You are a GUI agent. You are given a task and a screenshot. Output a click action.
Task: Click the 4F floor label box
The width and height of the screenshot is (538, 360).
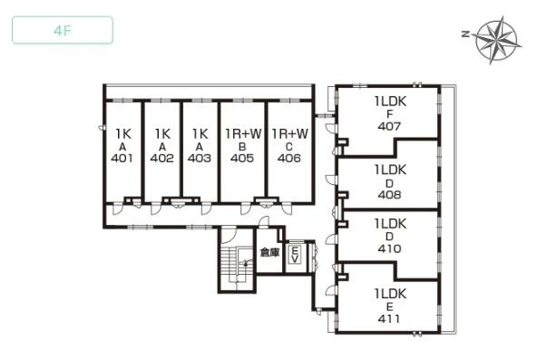point(63,30)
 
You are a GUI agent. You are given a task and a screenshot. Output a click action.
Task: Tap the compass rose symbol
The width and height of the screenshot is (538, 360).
point(496,40)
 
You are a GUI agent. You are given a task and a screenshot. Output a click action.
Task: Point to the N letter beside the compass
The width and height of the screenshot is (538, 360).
point(465,34)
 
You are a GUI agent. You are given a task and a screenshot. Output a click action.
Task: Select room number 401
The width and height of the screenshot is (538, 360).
point(122,158)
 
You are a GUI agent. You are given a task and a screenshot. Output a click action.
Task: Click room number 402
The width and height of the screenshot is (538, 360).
point(162,158)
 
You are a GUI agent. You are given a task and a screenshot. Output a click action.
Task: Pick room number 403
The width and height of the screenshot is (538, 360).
point(200,158)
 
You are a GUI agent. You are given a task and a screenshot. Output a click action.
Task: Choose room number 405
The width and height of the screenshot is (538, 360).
point(242,158)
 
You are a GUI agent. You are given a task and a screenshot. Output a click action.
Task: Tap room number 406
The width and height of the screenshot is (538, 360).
point(289,158)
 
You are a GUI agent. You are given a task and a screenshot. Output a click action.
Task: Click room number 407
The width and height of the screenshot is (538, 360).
point(389,127)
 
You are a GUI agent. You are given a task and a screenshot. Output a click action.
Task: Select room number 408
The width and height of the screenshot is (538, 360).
point(389,195)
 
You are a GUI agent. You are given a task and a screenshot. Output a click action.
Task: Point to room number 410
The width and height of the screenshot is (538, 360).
point(389,248)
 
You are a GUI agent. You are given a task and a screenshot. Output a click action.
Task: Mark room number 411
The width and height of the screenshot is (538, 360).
point(389,319)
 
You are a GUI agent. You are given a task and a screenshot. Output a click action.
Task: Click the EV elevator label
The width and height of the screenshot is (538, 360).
point(294,255)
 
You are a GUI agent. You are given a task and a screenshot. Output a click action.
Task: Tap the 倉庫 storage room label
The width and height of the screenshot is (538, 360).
point(270,253)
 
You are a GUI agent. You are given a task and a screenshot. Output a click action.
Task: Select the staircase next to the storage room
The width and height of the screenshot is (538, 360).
point(237,265)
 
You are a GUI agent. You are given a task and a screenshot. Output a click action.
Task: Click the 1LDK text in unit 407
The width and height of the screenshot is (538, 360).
point(390,102)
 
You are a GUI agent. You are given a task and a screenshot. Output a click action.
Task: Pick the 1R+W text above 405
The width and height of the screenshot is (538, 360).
point(243,133)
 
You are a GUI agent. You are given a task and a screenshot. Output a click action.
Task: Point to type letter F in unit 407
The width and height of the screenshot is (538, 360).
point(390,114)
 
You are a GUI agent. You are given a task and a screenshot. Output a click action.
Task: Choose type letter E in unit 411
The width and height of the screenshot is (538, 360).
point(390,306)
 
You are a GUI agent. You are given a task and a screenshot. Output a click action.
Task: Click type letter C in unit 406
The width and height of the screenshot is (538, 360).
point(289,147)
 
